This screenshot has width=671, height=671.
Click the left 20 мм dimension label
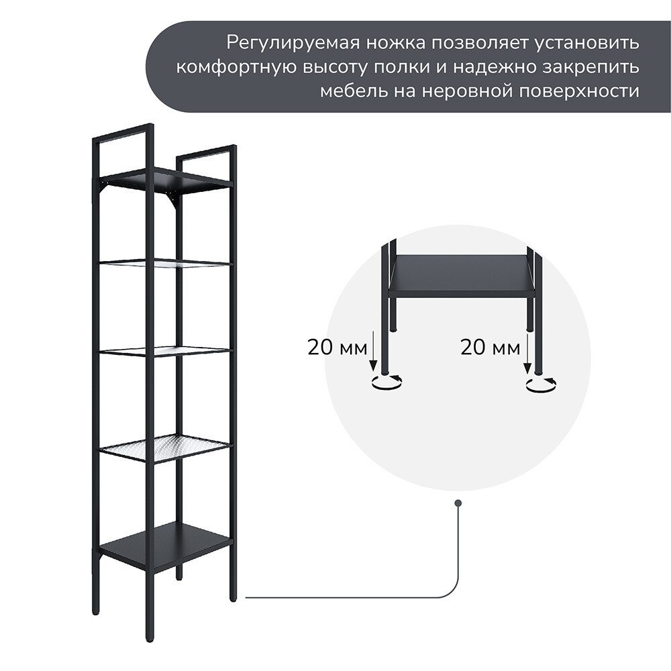tap(338, 348)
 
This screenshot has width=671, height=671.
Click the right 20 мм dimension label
tap(491, 348)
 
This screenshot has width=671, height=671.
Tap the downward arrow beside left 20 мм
tap(373, 352)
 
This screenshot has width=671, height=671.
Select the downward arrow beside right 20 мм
tap(527, 353)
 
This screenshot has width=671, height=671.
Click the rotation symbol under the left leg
tap(387, 383)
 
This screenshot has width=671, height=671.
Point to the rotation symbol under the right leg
tap(541, 384)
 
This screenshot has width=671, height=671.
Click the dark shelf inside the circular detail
tap(462, 274)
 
